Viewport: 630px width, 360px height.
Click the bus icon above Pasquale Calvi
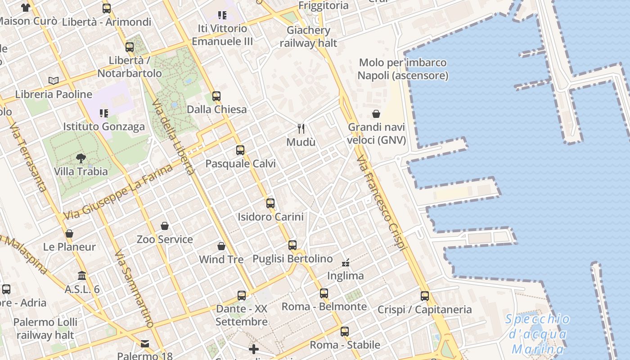[x=240, y=150]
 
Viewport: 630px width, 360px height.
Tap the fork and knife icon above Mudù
[x=301, y=129]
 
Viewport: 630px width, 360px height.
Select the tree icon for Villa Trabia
[x=81, y=158]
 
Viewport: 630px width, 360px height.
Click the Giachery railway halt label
[x=309, y=36]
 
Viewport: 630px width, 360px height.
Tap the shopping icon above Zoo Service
[x=165, y=226]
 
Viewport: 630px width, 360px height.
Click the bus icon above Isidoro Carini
[x=270, y=203]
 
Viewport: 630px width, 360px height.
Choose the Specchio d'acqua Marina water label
[x=538, y=334]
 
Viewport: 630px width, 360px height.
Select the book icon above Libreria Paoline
[x=54, y=81]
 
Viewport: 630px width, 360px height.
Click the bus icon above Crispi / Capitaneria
[x=424, y=296]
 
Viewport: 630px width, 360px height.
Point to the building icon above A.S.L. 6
[x=82, y=275]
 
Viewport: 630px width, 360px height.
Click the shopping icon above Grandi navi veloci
[x=376, y=114]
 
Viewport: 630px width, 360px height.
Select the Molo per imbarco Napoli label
[x=403, y=69]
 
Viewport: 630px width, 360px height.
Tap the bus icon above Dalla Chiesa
[x=216, y=96]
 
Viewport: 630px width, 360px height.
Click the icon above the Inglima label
[x=346, y=262]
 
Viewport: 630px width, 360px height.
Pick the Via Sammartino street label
[x=134, y=289]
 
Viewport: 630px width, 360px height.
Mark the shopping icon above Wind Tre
[x=221, y=246]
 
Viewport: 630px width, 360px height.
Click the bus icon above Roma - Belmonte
[x=324, y=293]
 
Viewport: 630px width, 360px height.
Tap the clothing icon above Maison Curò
[x=26, y=8]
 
